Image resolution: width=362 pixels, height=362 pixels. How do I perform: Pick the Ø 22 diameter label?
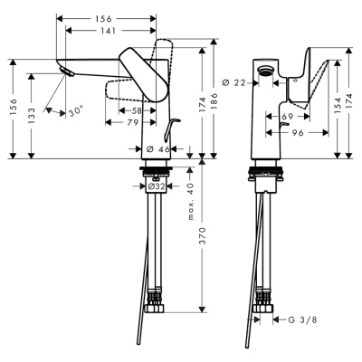tap(234, 83)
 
